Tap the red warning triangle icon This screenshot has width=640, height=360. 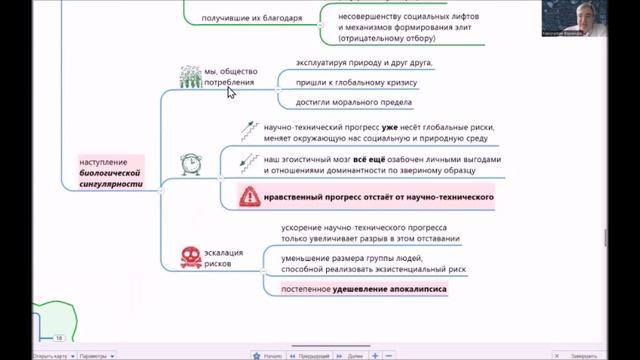point(249,197)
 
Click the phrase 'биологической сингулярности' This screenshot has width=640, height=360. point(111,178)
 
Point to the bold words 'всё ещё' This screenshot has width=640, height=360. point(367,159)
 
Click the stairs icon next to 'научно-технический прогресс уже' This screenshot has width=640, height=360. point(248,130)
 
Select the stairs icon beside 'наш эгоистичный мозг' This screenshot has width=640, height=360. point(248,160)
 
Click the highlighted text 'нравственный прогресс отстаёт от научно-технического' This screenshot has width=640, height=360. point(379,197)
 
